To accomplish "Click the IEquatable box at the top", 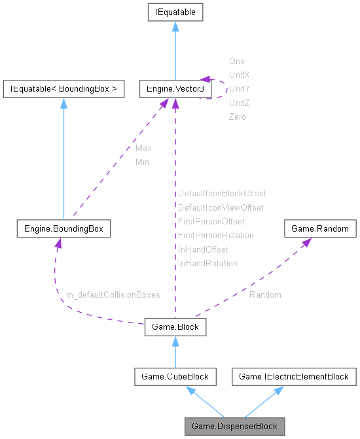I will pyautogui.click(x=175, y=12).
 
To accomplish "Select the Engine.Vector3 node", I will pyautogui.click(x=175, y=89).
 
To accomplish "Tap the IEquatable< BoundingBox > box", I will pyautogui.click(x=63, y=89).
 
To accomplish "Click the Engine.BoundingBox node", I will pyautogui.click(x=63, y=229).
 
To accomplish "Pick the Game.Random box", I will pyautogui.click(x=320, y=229).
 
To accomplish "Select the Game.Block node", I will pyautogui.click(x=175, y=326).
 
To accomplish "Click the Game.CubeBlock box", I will pyautogui.click(x=175, y=376).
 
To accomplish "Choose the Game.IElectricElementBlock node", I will pyautogui.click(x=295, y=376).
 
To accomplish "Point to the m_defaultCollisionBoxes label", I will pyautogui.click(x=113, y=295).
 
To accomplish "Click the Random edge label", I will pyautogui.click(x=265, y=295).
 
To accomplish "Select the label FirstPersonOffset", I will pyautogui.click(x=211, y=221).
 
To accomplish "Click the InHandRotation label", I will pyautogui.click(x=207, y=263).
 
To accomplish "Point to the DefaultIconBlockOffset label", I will pyautogui.click(x=222, y=194).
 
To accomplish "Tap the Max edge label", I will pyautogui.click(x=143, y=149).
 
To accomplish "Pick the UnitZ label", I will pyautogui.click(x=240, y=103).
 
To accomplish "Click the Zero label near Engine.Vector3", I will pyautogui.click(x=238, y=116).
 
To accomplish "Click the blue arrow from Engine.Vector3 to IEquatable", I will pyautogui.click(x=175, y=52).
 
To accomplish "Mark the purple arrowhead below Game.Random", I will pyautogui.click(x=306, y=242).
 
